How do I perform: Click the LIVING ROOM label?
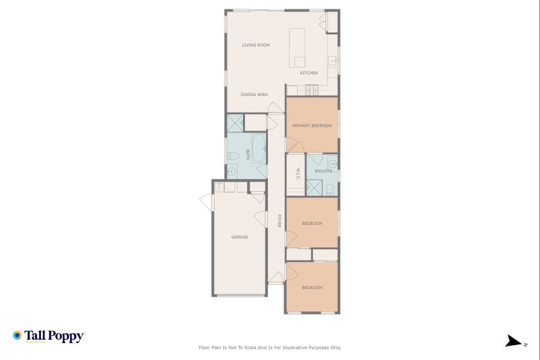pyautogui.click(x=256, y=45)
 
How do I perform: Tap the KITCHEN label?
pyautogui.click(x=309, y=73)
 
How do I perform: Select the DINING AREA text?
pyautogui.click(x=254, y=95)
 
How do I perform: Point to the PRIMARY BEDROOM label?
pyautogui.click(x=312, y=126)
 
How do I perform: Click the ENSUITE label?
pyautogui.click(x=323, y=171)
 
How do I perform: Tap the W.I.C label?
pyautogui.click(x=296, y=174)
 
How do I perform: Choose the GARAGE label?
pyautogui.click(x=240, y=237)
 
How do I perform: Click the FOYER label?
pyautogui.click(x=279, y=221)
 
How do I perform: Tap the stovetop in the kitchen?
pyautogui.click(x=312, y=89)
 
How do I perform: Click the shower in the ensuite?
pyautogui.click(x=314, y=188)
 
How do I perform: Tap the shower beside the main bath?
pyautogui.click(x=235, y=123)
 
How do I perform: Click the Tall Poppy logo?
pyautogui.click(x=48, y=336)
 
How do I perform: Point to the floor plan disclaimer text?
pyautogui.click(x=269, y=348)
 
